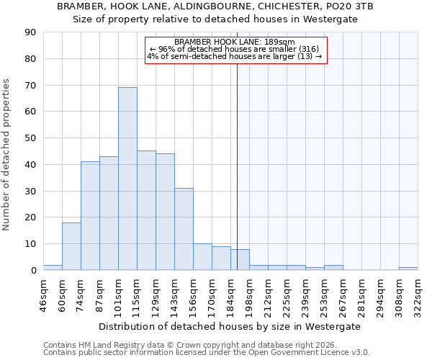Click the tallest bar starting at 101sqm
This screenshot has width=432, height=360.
(x=127, y=179)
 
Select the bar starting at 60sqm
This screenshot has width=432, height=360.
(x=71, y=246)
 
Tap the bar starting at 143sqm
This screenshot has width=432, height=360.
(x=184, y=229)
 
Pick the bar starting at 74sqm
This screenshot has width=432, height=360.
(x=90, y=216)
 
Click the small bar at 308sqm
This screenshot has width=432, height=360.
(x=408, y=269)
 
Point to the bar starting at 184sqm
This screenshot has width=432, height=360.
(x=240, y=260)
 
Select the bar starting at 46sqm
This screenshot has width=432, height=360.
(x=53, y=267)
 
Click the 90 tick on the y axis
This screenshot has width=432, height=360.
(x=30, y=32)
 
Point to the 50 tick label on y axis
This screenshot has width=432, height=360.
(x=30, y=138)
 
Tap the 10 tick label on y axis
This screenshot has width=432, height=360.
(x=30, y=244)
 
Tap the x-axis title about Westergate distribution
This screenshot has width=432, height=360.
(x=230, y=326)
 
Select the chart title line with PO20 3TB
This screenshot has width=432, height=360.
(x=216, y=6)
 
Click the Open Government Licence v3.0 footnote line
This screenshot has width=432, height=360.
(x=206, y=353)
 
